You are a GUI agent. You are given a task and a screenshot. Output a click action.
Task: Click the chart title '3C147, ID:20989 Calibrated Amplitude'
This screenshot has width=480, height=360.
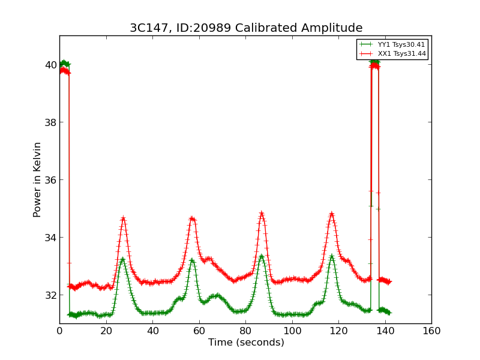coord(246,28)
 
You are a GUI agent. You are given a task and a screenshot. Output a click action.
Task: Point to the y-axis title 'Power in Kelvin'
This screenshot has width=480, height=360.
coord(38,179)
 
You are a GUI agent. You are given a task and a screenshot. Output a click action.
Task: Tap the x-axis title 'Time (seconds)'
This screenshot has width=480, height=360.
coord(246,343)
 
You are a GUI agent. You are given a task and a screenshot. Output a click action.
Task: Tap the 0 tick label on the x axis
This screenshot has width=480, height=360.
coord(59,331)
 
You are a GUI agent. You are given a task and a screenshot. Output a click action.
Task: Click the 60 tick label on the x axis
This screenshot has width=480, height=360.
coord(199,331)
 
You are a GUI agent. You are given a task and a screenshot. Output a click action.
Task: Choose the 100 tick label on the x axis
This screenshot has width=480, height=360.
coord(292,331)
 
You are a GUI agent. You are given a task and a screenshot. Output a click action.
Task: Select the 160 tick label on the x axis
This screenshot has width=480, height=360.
coord(431,331)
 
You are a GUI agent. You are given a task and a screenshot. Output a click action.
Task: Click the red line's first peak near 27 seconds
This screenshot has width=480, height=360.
coord(123,218)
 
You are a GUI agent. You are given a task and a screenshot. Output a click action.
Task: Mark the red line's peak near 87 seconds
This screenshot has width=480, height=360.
coord(262,213)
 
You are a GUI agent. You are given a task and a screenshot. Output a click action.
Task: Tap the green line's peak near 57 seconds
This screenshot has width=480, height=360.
coord(192,260)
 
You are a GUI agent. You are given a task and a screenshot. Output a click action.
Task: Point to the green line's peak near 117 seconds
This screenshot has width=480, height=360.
coord(331,257)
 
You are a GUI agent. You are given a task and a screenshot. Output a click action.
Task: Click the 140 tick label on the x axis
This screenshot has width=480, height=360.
coord(385,331)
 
